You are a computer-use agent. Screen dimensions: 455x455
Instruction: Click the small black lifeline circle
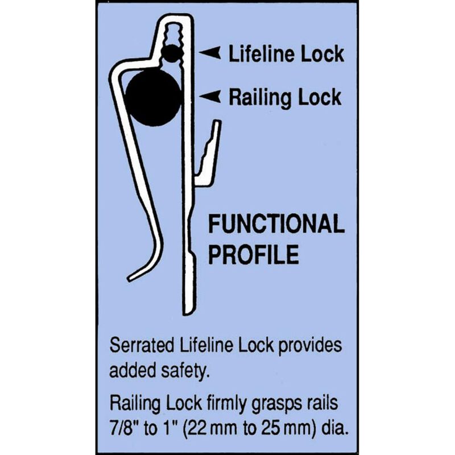pos(172,53)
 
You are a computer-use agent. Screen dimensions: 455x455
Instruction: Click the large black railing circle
pos(153,97)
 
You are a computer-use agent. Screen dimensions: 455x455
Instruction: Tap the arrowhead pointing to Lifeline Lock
pos(210,53)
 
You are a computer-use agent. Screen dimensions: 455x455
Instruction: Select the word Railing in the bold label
pos(260,98)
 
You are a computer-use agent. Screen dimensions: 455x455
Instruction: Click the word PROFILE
pos(254,254)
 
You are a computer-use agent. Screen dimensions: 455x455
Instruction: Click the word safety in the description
pos(185,371)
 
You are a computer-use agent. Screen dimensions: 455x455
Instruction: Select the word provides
pos(310,346)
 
